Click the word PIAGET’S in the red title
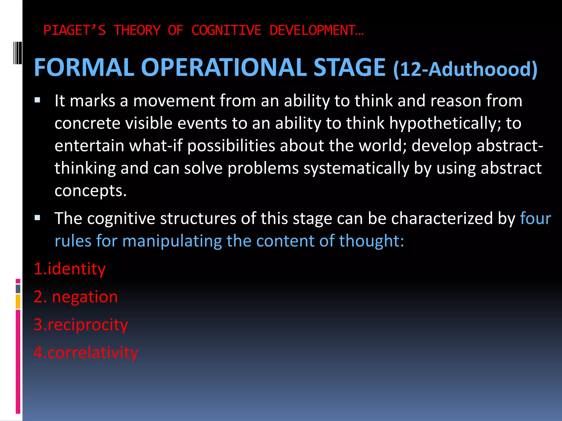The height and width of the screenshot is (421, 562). click(74, 30)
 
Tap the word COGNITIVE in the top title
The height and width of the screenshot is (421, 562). click(226, 30)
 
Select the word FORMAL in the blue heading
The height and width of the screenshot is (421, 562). click(84, 68)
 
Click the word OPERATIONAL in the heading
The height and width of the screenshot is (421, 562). click(224, 68)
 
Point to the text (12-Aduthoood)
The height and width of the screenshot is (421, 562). click(465, 69)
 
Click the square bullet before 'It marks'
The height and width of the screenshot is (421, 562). click(37, 100)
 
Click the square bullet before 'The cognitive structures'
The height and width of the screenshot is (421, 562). click(37, 218)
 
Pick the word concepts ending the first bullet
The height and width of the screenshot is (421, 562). click(90, 190)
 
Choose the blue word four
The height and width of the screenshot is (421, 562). click(535, 218)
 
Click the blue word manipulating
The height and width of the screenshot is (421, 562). click(172, 241)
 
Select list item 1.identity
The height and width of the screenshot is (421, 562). click(69, 269)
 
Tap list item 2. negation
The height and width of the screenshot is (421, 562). click(75, 297)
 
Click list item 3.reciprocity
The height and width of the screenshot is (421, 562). click(81, 325)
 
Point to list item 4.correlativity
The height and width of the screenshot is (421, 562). click(86, 353)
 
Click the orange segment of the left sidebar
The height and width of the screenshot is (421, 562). click(18, 301)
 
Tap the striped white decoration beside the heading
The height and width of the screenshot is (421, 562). click(18, 53)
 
